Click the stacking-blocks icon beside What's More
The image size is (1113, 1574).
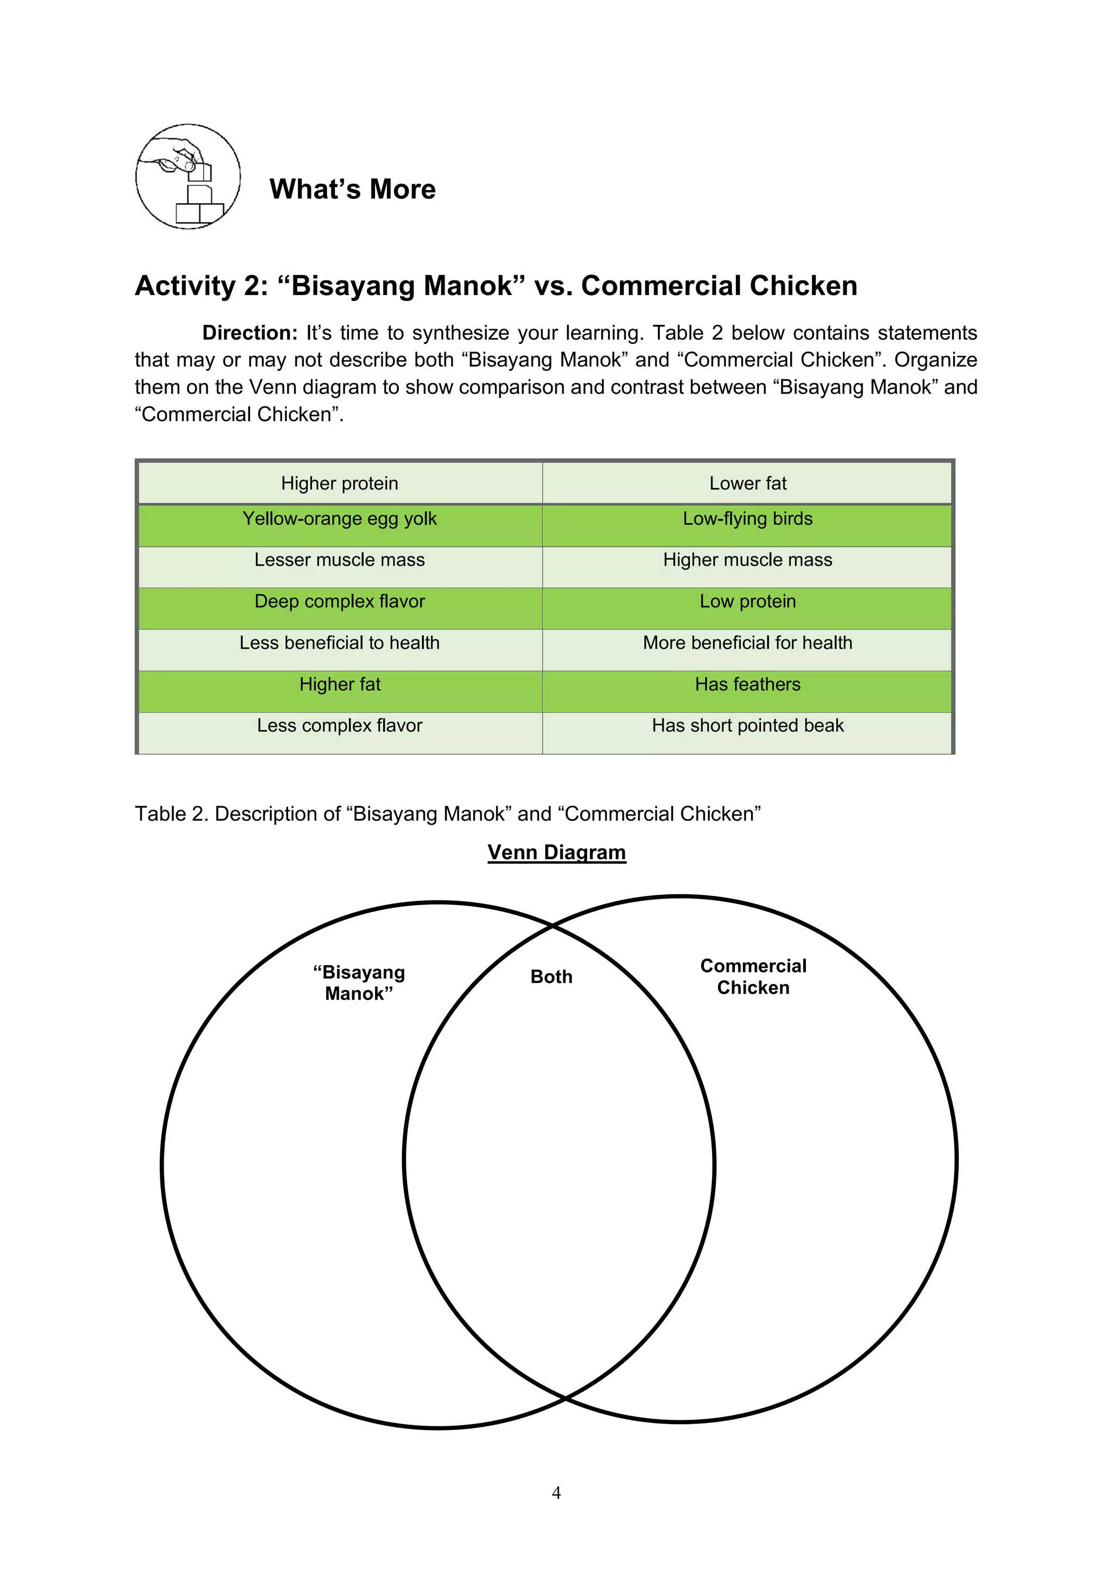point(188,177)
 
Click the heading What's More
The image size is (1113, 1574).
point(353,189)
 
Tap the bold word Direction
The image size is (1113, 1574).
point(249,333)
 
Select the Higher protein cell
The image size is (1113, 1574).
point(340,484)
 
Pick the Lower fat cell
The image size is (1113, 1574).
point(747,484)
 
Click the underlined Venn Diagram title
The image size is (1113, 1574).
point(556,852)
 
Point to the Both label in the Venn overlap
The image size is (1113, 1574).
point(552,977)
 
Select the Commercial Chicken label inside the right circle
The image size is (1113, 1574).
point(753,977)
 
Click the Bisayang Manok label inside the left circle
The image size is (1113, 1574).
point(359,983)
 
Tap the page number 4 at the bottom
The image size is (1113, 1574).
point(556,1493)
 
